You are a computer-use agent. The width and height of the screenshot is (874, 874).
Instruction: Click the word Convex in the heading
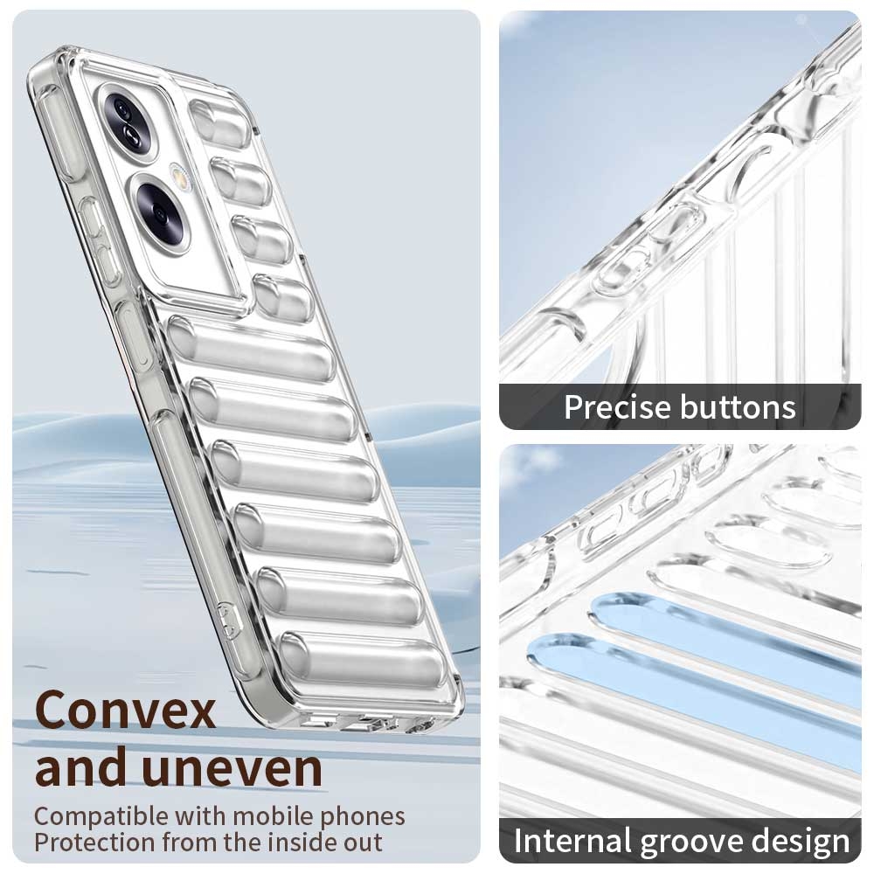(125, 710)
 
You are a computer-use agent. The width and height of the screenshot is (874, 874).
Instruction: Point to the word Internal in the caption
(573, 841)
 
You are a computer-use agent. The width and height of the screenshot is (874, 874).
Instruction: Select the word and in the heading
(81, 767)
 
